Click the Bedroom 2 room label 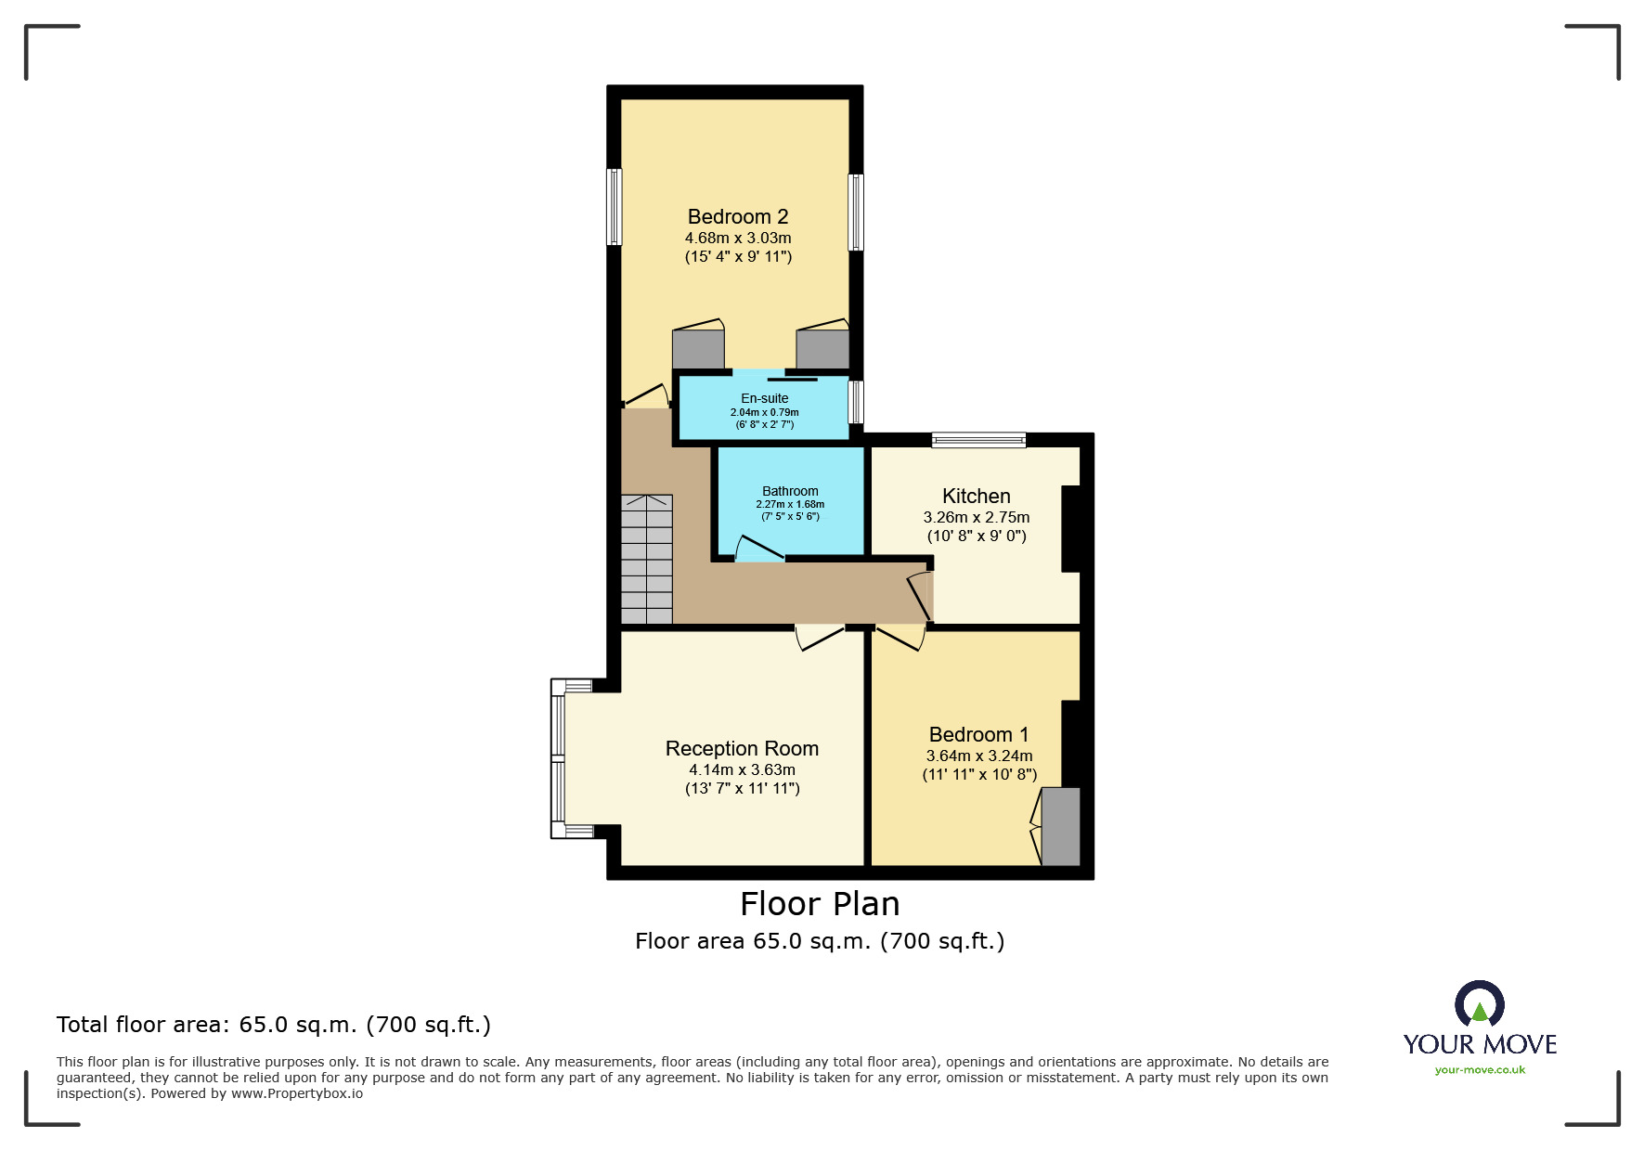(738, 217)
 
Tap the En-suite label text (764, 398)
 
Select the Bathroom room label (790, 491)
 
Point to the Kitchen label (976, 497)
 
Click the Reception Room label (742, 749)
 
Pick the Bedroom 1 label (978, 735)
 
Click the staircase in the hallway (646, 559)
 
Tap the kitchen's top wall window (978, 440)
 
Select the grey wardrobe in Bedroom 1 (1060, 826)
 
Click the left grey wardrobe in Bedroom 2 (698, 350)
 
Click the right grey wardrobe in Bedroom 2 (822, 350)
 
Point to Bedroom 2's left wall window (614, 207)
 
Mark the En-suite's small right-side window (857, 402)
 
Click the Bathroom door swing (758, 549)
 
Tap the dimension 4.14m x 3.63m (742, 770)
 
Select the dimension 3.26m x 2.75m (976, 518)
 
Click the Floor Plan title (820, 904)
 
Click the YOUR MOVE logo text (1480, 1045)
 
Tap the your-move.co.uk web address (1480, 1070)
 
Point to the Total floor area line (273, 1025)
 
